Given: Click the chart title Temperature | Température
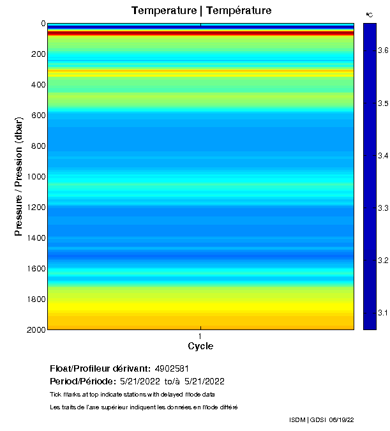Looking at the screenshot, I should click(201, 11).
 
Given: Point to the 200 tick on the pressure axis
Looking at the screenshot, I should click(38, 54).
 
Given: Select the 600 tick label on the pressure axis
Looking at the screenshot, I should click(38, 116).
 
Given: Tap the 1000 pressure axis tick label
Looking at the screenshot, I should click(36, 177).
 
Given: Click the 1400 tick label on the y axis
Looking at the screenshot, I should click(36, 238).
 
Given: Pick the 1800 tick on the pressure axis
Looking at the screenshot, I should click(36, 299).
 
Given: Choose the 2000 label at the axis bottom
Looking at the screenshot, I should click(36, 329).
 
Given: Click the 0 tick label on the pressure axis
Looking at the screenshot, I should click(43, 24).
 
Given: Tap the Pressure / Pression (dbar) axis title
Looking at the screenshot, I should click(19, 176).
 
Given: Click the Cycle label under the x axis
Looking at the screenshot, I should click(200, 347).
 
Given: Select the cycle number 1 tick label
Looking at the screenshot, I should click(200, 336).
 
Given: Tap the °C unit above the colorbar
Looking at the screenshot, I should click(370, 14).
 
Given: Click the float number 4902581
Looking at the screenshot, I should click(172, 368).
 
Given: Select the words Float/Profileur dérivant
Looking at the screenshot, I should click(100, 368).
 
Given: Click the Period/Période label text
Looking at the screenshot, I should click(82, 381).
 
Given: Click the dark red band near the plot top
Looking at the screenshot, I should click(200, 33).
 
